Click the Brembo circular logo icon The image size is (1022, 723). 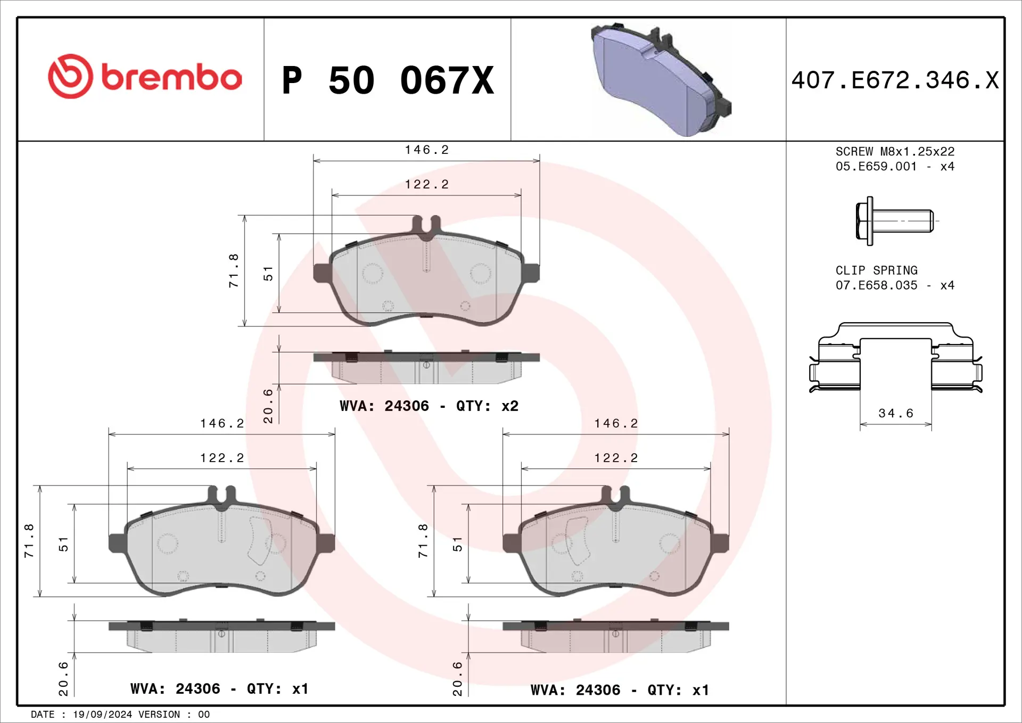click(70, 76)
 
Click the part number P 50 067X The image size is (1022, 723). click(388, 81)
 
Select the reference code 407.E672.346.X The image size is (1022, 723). click(895, 81)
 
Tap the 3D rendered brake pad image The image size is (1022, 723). click(660, 80)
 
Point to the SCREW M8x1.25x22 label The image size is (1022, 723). click(895, 152)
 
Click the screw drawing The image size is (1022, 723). click(894, 220)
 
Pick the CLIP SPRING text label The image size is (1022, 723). click(876, 270)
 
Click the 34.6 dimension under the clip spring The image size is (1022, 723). click(895, 413)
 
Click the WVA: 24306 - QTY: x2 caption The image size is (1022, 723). click(429, 406)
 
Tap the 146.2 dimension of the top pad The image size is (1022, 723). click(426, 150)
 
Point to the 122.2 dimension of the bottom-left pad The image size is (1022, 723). click(222, 458)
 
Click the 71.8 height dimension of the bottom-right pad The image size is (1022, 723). click(423, 540)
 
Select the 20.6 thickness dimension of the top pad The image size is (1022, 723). click(268, 406)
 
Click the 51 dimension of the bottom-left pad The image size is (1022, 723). click(63, 544)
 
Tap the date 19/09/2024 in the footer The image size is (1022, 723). click(102, 714)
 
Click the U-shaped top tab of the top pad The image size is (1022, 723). click(426, 225)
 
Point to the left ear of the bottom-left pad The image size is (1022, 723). click(117, 543)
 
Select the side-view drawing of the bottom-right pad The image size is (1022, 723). click(615, 636)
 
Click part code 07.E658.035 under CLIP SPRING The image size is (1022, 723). click(876, 285)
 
